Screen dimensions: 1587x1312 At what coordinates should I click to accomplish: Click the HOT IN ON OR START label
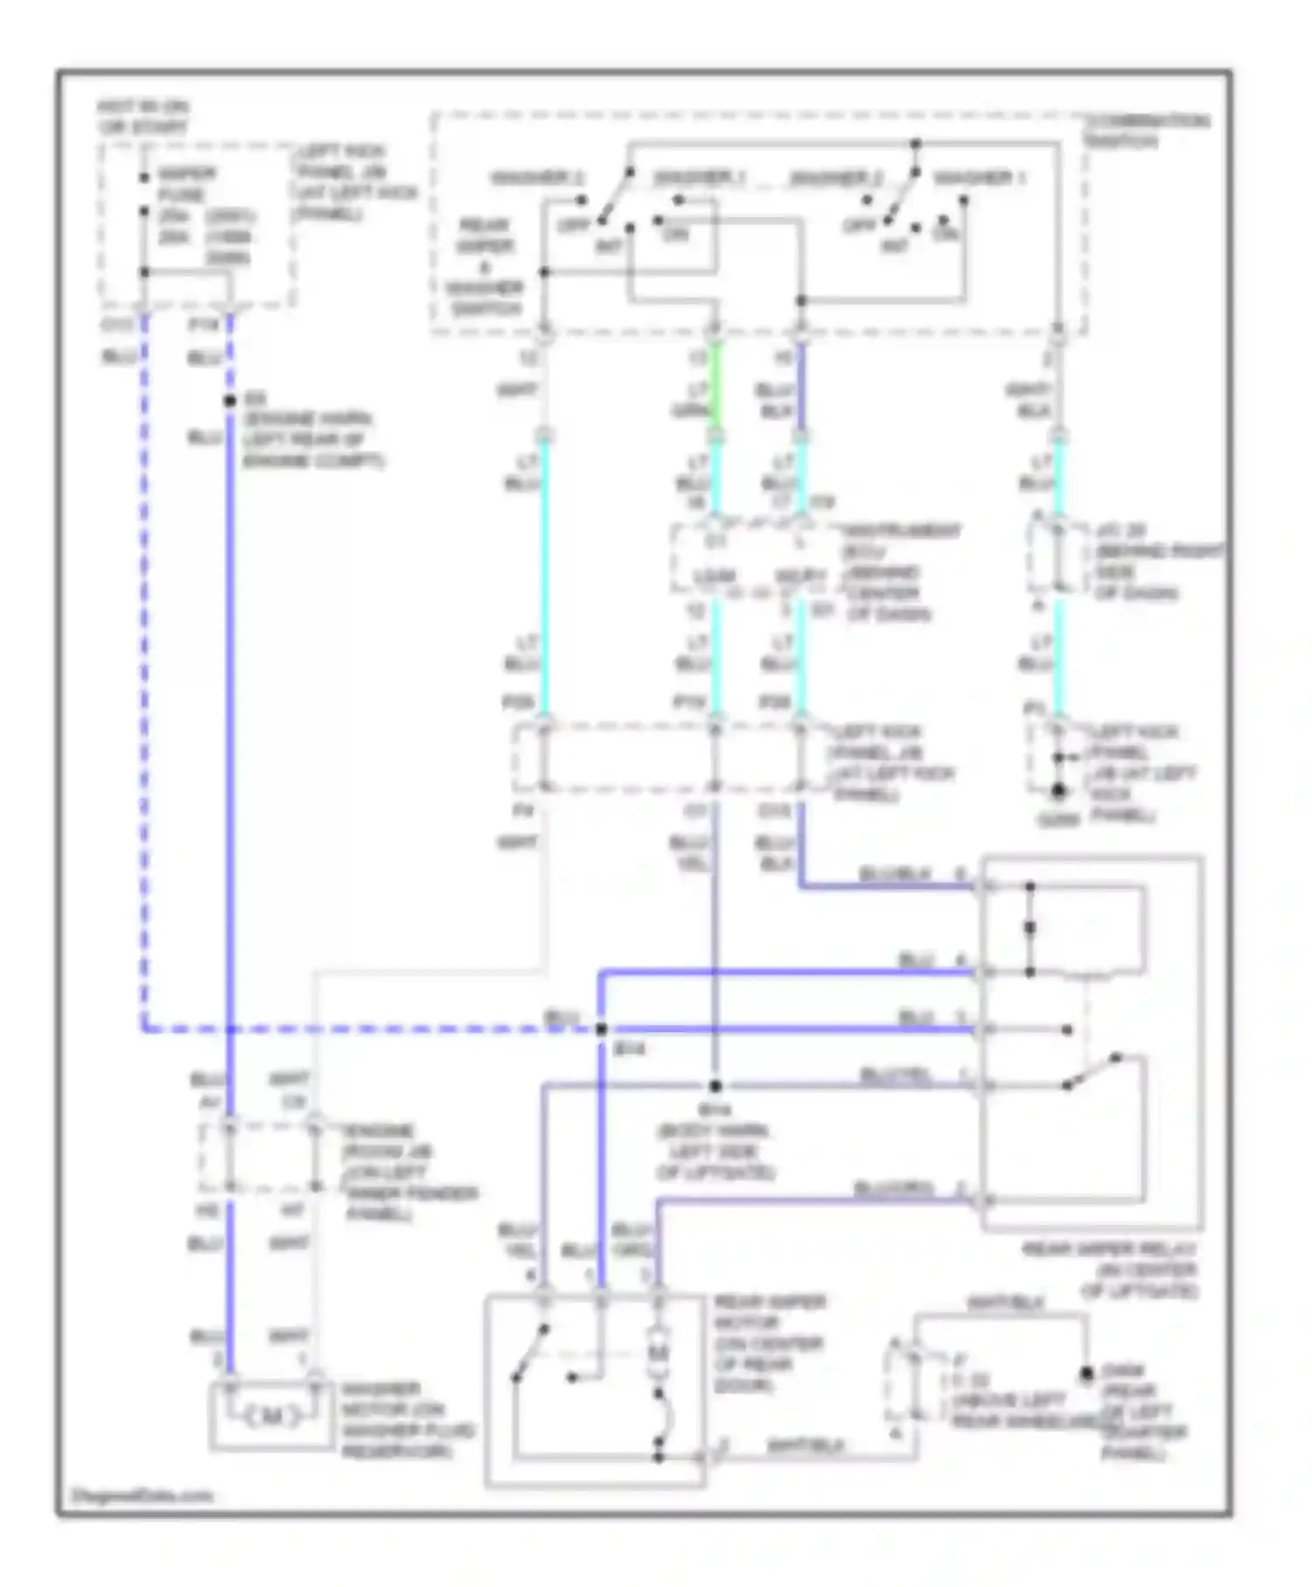tap(143, 117)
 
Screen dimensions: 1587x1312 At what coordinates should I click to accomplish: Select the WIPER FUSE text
tap(181, 184)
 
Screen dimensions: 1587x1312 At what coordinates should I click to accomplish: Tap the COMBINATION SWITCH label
tap(1147, 130)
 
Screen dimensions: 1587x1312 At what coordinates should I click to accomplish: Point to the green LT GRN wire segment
tap(715, 385)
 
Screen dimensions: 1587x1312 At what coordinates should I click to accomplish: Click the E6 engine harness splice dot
tap(230, 401)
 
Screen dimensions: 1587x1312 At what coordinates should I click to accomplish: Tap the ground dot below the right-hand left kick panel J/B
tap(1058, 792)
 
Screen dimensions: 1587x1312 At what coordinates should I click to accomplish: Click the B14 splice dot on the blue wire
tap(601, 1030)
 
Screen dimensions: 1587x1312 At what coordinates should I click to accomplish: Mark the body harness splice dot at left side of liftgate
tap(715, 1086)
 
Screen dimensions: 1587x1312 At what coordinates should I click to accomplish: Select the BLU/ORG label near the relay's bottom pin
tap(893, 1188)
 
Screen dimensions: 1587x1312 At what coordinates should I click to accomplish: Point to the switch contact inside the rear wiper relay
tap(1093, 1072)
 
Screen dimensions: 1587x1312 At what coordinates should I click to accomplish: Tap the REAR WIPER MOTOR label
tap(769, 1343)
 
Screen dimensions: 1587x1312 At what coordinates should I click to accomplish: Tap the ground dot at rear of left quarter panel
tap(1086, 1374)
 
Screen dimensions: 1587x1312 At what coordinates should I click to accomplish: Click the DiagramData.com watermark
tap(142, 1494)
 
